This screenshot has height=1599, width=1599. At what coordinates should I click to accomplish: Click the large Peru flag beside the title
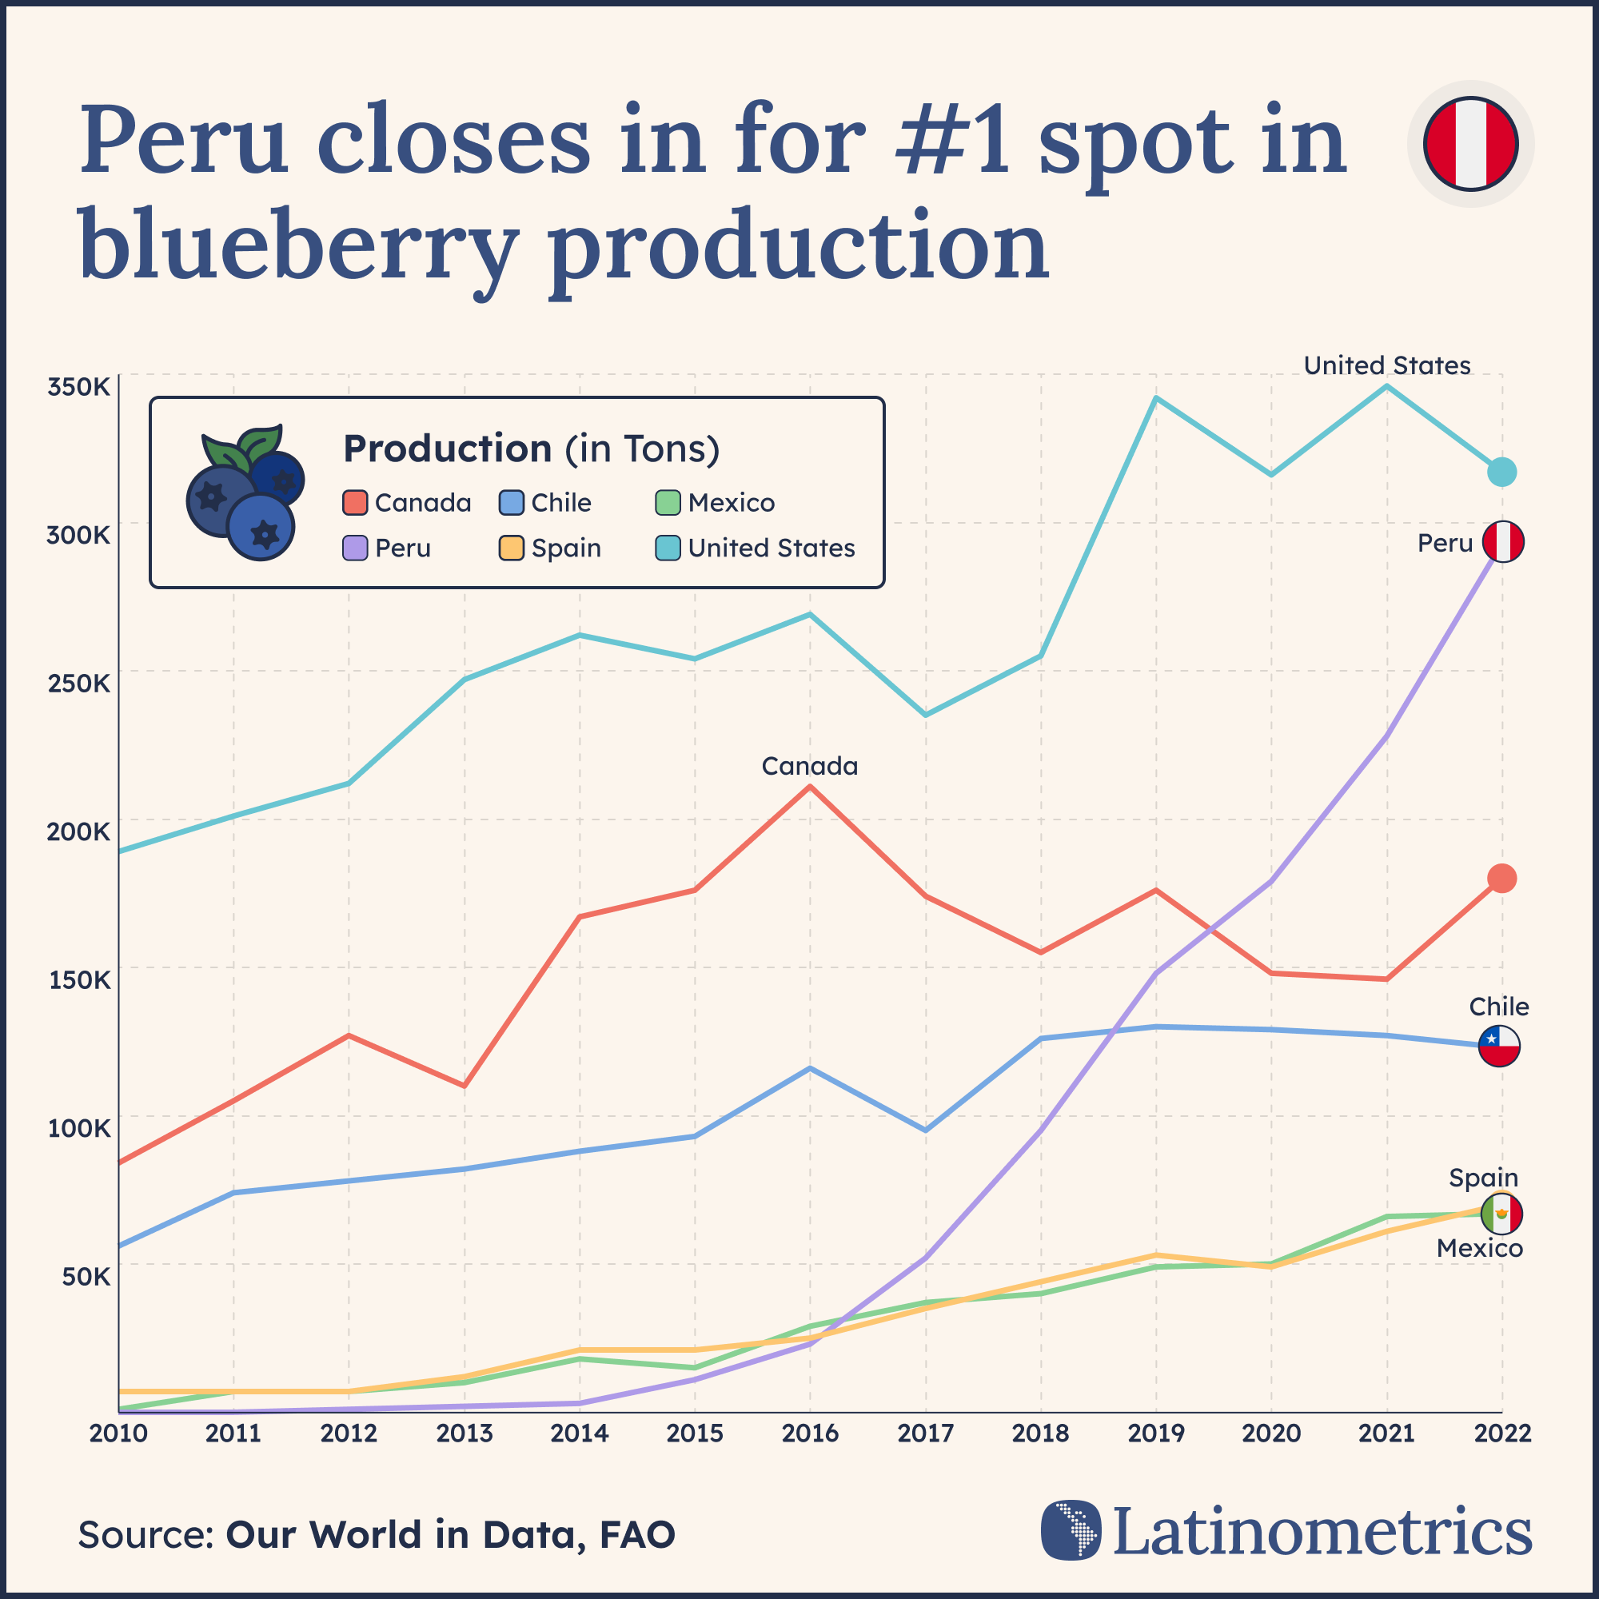pyautogui.click(x=1471, y=143)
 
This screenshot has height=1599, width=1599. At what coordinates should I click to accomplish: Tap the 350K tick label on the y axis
pyautogui.click(x=78, y=386)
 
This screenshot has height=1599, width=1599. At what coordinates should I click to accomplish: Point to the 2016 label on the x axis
pyautogui.click(x=809, y=1434)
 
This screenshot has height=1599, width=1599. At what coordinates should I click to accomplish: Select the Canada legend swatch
pyautogui.click(x=354, y=502)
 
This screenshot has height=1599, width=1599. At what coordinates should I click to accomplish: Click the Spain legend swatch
pyautogui.click(x=512, y=548)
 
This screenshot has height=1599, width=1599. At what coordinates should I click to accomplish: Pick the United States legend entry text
pyautogui.click(x=772, y=548)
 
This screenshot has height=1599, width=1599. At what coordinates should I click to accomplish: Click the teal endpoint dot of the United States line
pyautogui.click(x=1501, y=472)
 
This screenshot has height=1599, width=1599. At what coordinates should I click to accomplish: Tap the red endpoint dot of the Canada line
pyautogui.click(x=1501, y=878)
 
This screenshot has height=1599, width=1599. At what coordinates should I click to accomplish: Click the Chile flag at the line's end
pyautogui.click(x=1499, y=1045)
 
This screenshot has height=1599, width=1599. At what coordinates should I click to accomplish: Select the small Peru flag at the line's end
pyautogui.click(x=1503, y=542)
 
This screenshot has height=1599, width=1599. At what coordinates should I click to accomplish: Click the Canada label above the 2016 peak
pyautogui.click(x=809, y=767)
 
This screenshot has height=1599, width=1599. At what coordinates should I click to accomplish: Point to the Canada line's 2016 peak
pyautogui.click(x=809, y=786)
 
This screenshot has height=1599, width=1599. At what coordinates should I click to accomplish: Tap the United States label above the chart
pyautogui.click(x=1386, y=365)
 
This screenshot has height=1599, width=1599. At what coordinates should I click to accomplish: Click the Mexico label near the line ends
pyautogui.click(x=1479, y=1248)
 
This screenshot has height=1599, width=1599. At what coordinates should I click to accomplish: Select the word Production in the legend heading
pyautogui.click(x=447, y=449)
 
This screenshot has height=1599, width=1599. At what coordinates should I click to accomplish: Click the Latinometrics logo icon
pyautogui.click(x=1071, y=1530)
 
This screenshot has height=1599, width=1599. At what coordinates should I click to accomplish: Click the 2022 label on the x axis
pyautogui.click(x=1501, y=1434)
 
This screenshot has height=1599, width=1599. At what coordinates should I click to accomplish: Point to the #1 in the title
pyautogui.click(x=951, y=141)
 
